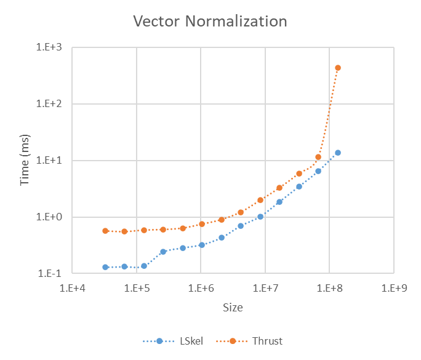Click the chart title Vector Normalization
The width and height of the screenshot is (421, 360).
(x=210, y=22)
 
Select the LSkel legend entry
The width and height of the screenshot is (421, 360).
(x=180, y=340)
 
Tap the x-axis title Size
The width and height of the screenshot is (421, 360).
(x=233, y=307)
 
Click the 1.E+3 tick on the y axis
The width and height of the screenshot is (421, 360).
(x=54, y=47)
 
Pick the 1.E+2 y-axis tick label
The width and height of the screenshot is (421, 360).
(x=54, y=104)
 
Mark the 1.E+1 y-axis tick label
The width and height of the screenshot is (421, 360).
(x=54, y=161)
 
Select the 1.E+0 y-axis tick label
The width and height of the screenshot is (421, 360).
(x=54, y=217)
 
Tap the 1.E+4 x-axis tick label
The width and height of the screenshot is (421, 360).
(x=72, y=287)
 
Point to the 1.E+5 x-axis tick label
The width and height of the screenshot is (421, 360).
(x=137, y=287)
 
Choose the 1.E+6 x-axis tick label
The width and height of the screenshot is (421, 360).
(x=201, y=287)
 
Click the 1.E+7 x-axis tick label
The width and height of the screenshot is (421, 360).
(x=265, y=287)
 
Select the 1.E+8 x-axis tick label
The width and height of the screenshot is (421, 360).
(x=329, y=287)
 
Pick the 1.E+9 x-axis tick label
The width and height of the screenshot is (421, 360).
(x=394, y=287)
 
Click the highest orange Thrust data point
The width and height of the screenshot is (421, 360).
(x=338, y=68)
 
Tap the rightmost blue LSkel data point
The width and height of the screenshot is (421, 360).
(x=338, y=153)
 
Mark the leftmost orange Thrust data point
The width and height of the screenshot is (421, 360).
(x=105, y=231)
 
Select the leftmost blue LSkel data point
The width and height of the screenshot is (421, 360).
(x=105, y=267)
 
